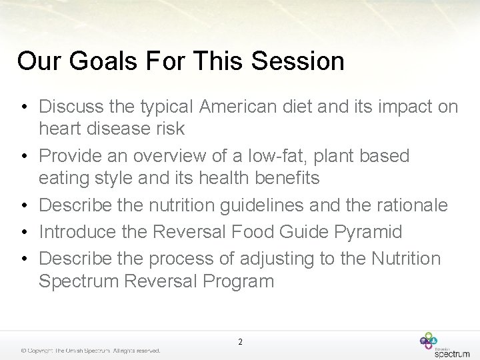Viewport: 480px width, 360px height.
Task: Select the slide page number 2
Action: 240,342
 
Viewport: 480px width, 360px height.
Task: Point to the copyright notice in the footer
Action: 90,351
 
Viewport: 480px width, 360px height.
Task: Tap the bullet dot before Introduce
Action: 23,233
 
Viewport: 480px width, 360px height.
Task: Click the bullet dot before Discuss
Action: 23,107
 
